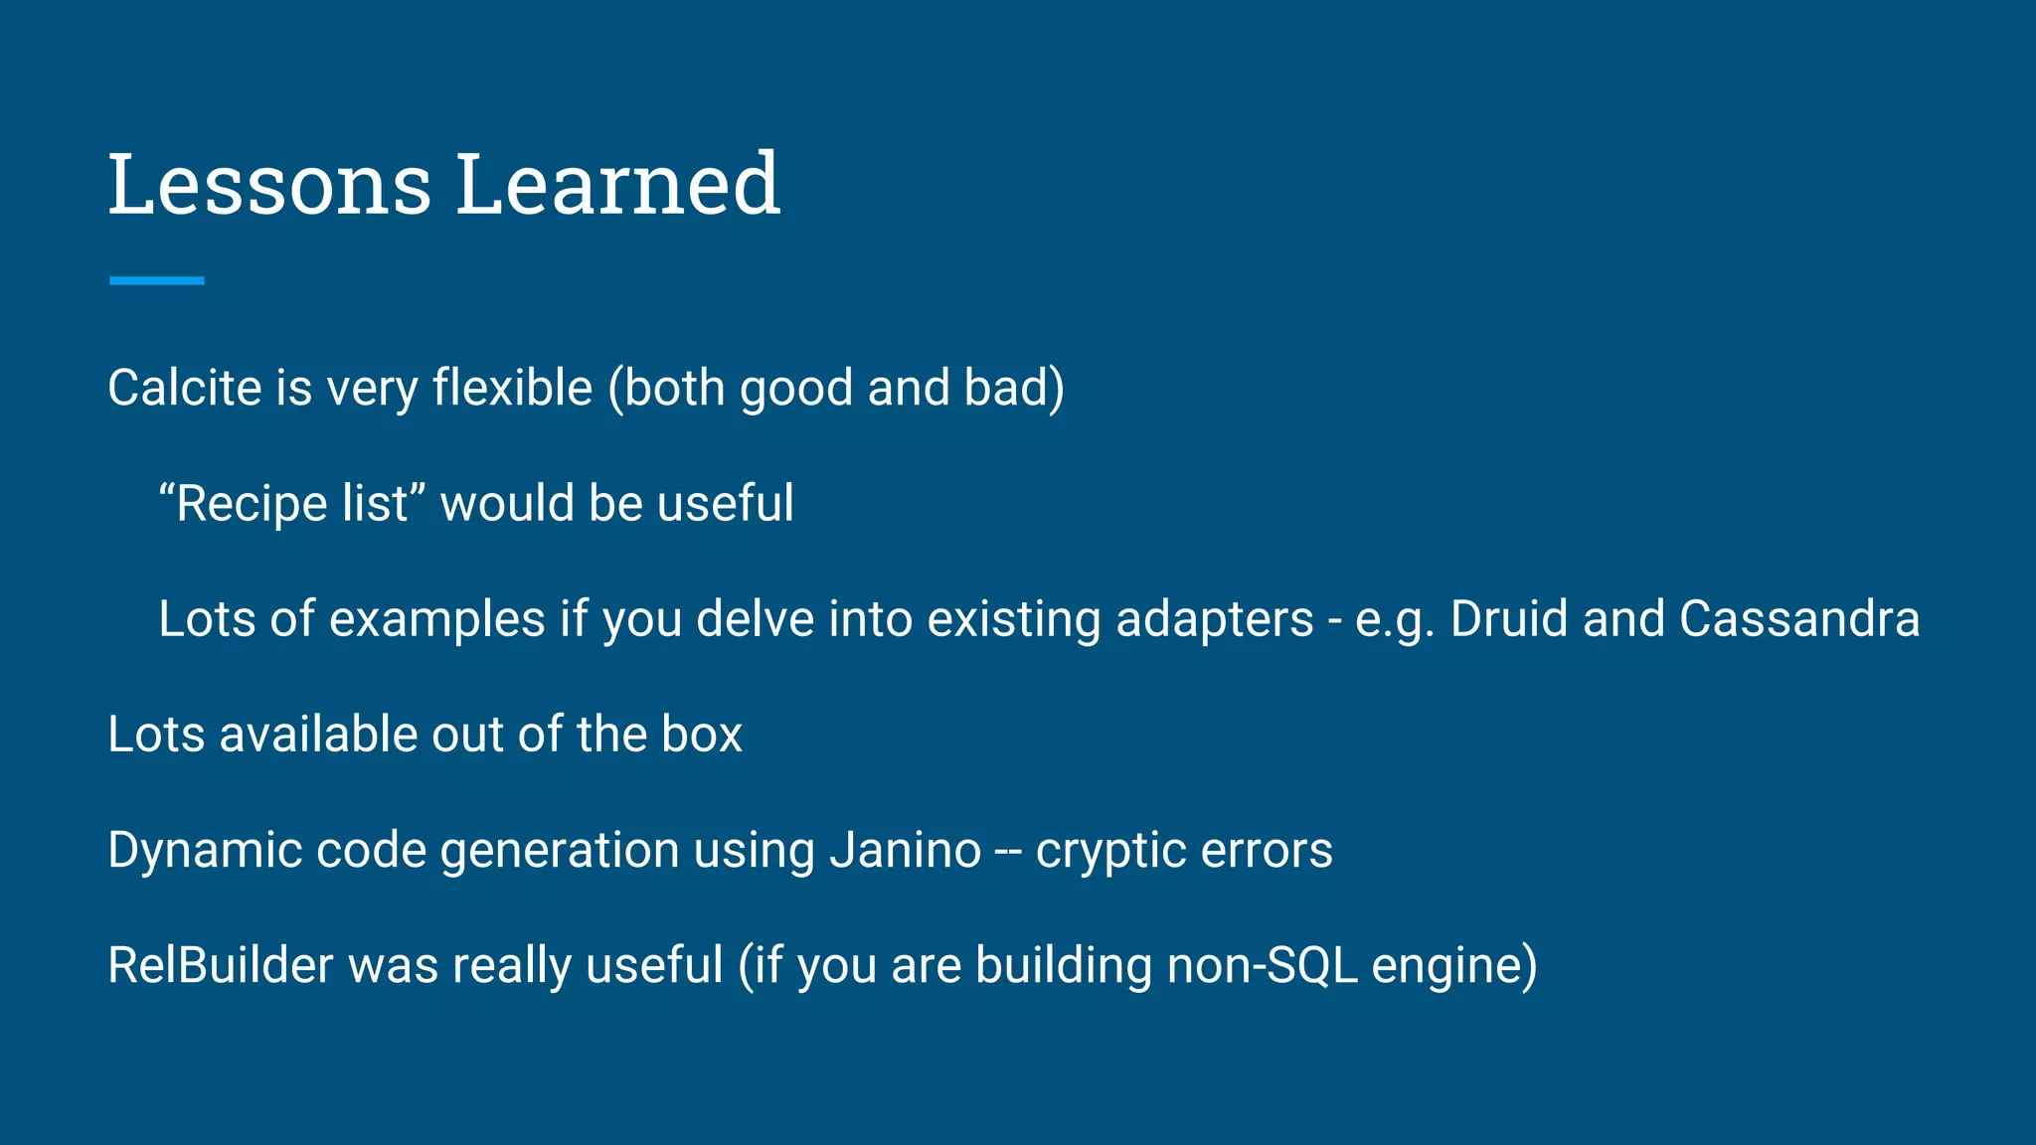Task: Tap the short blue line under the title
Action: pos(157,281)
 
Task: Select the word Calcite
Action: pos(184,388)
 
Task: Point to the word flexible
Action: pos(512,388)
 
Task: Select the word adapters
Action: pos(1214,618)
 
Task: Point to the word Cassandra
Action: pos(1799,618)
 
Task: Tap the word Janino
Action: pos(905,850)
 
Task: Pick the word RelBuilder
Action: pos(220,965)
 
